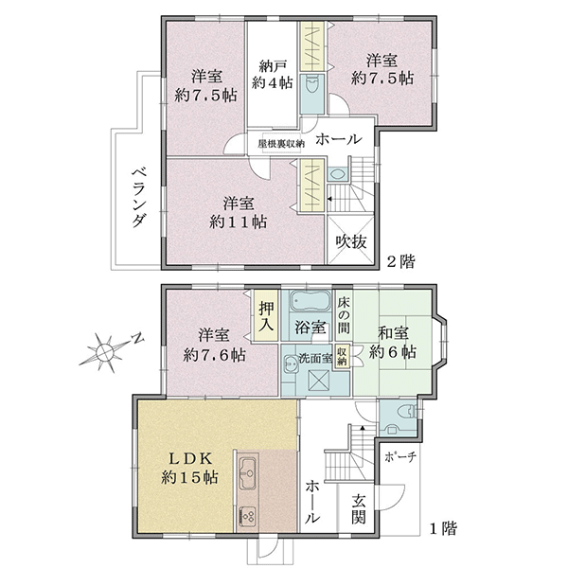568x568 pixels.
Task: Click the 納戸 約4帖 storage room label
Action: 272,75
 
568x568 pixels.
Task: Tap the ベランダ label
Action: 139,198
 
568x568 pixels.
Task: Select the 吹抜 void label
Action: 351,241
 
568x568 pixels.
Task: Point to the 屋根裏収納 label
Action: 281,144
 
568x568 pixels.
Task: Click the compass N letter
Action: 137,340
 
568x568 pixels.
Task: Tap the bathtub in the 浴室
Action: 311,300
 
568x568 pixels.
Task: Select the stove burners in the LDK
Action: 248,517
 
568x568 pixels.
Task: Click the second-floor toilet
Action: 311,85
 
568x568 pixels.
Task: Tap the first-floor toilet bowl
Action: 406,412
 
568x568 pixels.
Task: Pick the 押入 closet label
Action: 266,316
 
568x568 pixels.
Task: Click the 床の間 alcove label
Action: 344,315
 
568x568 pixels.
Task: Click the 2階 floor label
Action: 401,261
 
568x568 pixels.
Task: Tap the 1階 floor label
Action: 443,528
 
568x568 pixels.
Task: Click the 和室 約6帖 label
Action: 393,343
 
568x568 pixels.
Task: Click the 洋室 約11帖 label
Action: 238,212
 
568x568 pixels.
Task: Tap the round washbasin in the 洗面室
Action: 291,361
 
